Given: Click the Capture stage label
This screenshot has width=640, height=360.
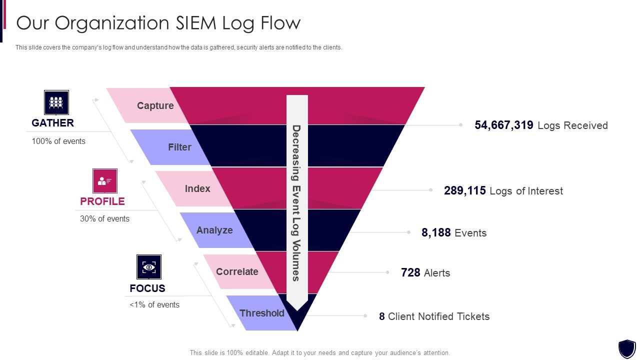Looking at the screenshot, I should [x=155, y=105].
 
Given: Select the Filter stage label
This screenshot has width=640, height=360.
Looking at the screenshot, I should [x=179, y=147].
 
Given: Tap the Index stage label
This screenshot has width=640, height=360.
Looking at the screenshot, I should [x=197, y=188].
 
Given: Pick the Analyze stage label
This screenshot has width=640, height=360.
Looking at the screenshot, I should [x=214, y=230].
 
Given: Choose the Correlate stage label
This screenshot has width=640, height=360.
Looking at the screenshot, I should [x=237, y=271].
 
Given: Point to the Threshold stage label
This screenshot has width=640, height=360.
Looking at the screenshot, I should [x=261, y=313].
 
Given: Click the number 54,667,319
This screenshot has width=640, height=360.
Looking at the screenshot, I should [x=504, y=125].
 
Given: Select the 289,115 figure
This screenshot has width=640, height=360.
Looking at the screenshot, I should [x=464, y=191].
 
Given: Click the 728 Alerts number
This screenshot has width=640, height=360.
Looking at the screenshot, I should [x=410, y=273].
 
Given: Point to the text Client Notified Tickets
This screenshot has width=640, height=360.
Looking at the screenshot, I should [x=438, y=316].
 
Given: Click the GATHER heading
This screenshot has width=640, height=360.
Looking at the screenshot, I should [x=52, y=123].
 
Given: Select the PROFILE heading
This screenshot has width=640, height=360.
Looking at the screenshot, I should [x=102, y=201].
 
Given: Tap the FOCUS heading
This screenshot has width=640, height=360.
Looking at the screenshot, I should [x=147, y=288].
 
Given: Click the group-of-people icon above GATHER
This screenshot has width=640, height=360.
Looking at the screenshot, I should [x=56, y=102].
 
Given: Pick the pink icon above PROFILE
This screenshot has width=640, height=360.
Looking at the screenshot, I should [x=105, y=181].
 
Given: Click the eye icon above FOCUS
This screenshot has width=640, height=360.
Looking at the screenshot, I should [x=149, y=267].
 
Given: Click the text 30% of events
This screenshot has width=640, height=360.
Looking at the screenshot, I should [x=104, y=219].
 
